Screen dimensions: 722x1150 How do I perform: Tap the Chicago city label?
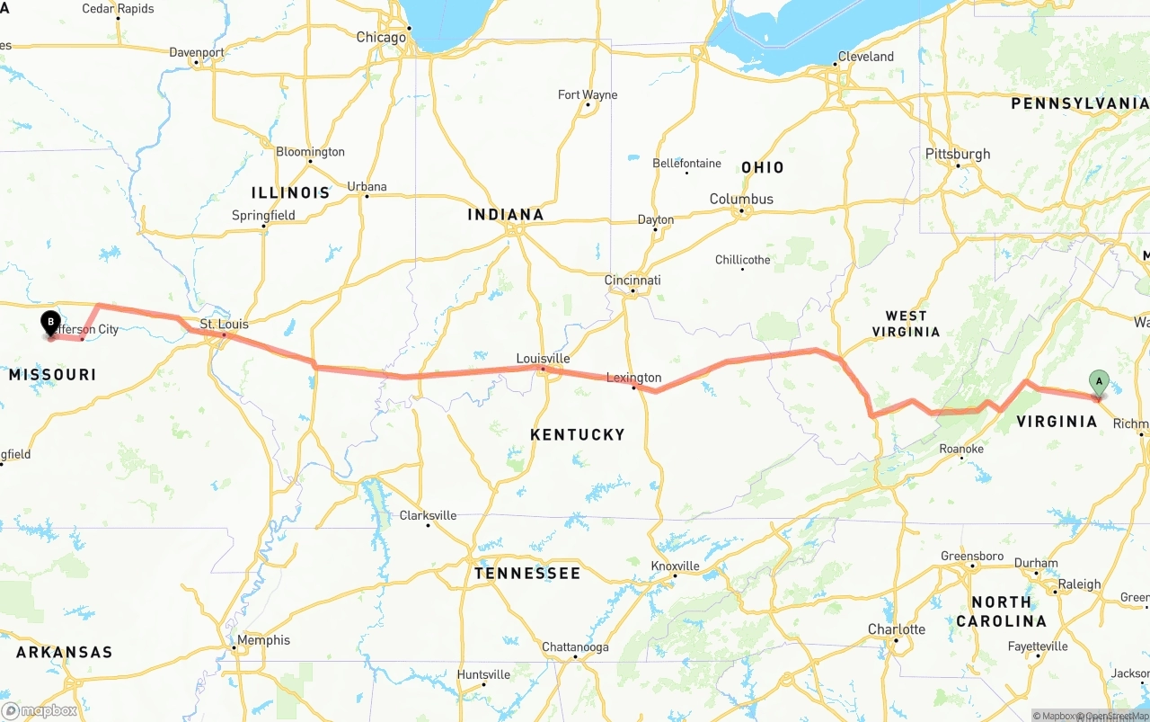381,38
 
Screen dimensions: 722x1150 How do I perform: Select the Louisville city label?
543,358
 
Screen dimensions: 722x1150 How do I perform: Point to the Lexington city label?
633,378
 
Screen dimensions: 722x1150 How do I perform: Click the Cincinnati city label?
632,281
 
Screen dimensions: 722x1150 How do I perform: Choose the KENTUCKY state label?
577,434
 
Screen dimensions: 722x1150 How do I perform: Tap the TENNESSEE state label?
527,573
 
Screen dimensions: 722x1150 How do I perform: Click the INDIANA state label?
506,214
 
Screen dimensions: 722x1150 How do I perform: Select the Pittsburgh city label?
958,154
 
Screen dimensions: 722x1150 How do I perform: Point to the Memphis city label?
264,640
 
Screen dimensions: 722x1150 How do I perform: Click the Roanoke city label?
960,449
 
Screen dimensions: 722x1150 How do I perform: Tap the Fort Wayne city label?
588,94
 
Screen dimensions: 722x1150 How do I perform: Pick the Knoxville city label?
675,566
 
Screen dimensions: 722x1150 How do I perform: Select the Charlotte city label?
896,629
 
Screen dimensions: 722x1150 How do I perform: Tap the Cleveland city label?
865,57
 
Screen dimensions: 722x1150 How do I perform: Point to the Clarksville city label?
428,515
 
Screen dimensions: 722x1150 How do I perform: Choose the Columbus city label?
741,199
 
